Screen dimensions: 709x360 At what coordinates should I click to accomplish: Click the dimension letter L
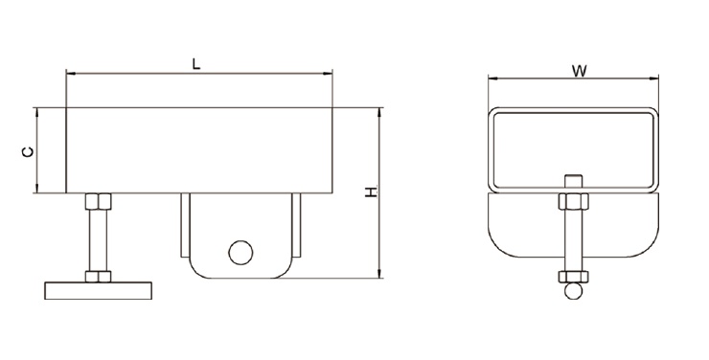tap(195, 64)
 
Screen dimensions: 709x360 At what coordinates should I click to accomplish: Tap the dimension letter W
tap(580, 71)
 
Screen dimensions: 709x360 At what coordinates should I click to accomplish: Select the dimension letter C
tap(28, 152)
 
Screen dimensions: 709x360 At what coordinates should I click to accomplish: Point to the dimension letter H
tap(371, 191)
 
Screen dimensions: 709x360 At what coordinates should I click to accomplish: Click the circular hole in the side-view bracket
tap(240, 253)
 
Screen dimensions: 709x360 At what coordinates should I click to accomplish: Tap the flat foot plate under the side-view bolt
tap(98, 290)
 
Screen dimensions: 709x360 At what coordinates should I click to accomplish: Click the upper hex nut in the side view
tap(98, 201)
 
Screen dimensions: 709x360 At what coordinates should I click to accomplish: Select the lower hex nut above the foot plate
tap(98, 277)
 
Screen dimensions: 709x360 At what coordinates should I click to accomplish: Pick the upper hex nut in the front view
tap(573, 201)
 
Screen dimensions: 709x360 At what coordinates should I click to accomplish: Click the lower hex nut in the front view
tap(573, 277)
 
